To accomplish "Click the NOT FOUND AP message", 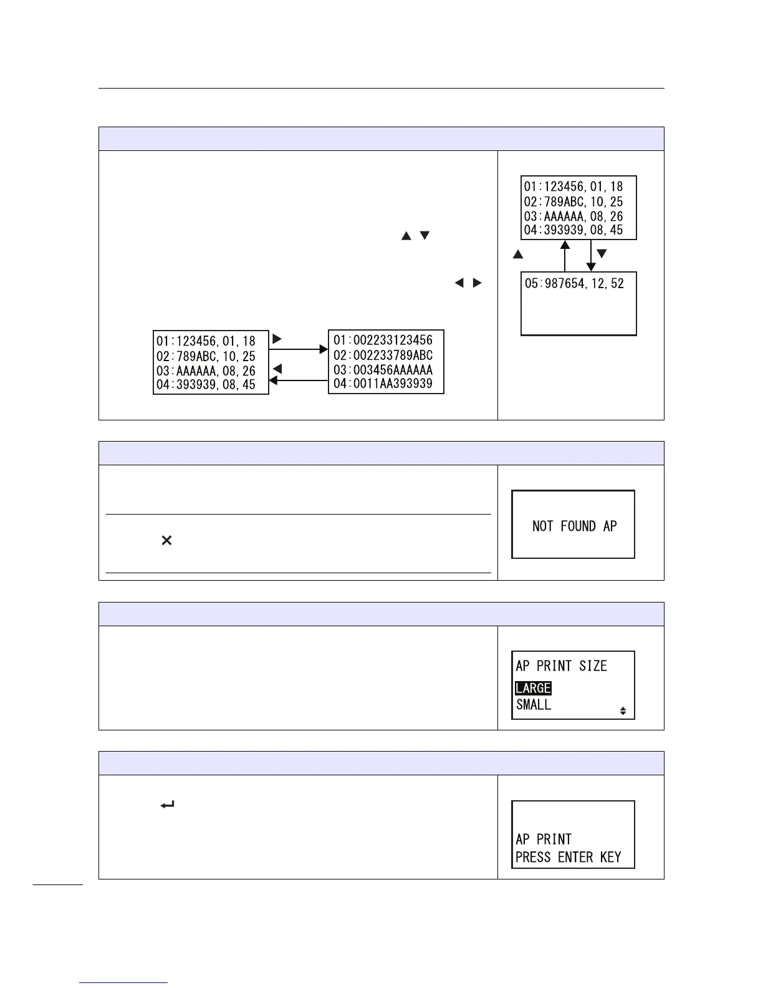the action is pyautogui.click(x=574, y=526).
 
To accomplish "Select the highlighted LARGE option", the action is pyautogui.click(x=533, y=688).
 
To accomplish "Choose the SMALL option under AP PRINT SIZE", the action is pyautogui.click(x=534, y=705).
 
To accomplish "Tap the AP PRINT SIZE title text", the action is pyautogui.click(x=561, y=666).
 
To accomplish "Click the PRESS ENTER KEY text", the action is pyautogui.click(x=568, y=857).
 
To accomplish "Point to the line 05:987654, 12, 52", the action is pyautogui.click(x=574, y=284).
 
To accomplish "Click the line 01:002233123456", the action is pyautogui.click(x=383, y=340).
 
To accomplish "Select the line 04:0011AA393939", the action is pyautogui.click(x=383, y=384).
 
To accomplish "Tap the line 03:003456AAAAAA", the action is pyautogui.click(x=383, y=369).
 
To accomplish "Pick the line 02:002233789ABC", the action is pyautogui.click(x=383, y=355).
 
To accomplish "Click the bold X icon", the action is pyautogui.click(x=166, y=541).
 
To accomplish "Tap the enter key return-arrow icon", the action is pyautogui.click(x=167, y=805).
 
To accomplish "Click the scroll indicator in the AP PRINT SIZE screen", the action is pyautogui.click(x=623, y=710).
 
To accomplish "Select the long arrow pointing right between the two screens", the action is pyautogui.click(x=298, y=349).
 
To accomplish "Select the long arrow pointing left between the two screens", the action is pyautogui.click(x=298, y=380).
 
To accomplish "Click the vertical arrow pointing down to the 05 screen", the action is pyautogui.click(x=591, y=256).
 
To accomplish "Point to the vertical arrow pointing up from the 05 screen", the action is pyautogui.click(x=565, y=256).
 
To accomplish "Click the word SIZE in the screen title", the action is pyautogui.click(x=593, y=666).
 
